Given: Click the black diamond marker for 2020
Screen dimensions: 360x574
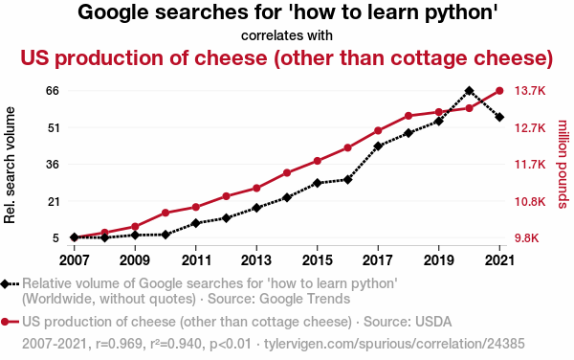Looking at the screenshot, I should pyautogui.click(x=469, y=91).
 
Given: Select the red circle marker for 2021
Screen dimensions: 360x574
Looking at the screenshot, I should pyautogui.click(x=499, y=92).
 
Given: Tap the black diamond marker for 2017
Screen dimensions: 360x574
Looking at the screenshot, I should pyautogui.click(x=378, y=146).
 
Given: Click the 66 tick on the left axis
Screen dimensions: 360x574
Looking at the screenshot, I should pyautogui.click(x=53, y=91).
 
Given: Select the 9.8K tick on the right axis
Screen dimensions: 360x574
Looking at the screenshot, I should pyautogui.click(x=529, y=237).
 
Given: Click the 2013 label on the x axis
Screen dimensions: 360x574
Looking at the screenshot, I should pyautogui.click(x=256, y=259).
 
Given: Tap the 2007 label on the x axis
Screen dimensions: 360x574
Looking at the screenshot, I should pyautogui.click(x=74, y=259).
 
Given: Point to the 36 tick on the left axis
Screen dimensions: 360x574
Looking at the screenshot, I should pyautogui.click(x=53, y=165).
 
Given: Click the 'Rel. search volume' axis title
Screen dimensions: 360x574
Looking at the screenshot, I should pyautogui.click(x=11, y=165).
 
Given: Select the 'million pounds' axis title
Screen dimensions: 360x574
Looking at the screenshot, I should pyautogui.click(x=563, y=165).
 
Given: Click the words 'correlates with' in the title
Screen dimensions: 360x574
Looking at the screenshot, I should pyautogui.click(x=287, y=35).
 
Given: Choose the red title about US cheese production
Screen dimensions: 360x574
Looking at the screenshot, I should pyautogui.click(x=287, y=57).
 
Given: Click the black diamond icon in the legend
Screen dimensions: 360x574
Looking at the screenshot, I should pyautogui.click(x=9, y=284).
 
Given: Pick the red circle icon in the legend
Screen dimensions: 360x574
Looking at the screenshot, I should pyautogui.click(x=9, y=321).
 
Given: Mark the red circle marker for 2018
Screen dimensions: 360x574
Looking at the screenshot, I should pyautogui.click(x=408, y=116).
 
